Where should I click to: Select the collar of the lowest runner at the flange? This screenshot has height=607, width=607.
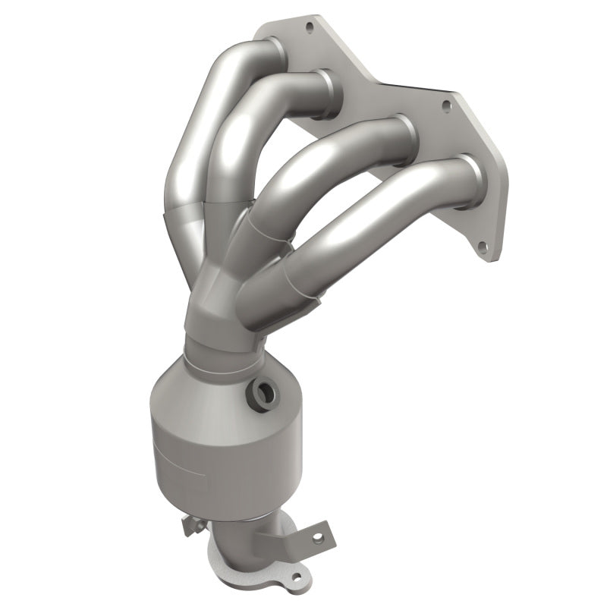[x=472, y=176]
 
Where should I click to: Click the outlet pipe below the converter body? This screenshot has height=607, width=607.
[x=250, y=524]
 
